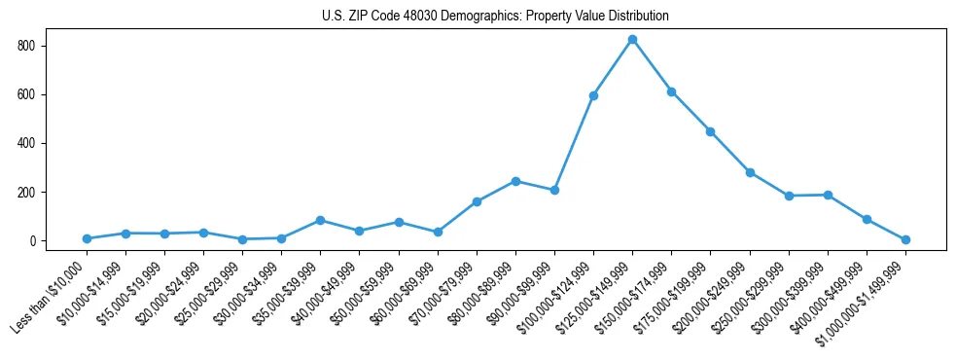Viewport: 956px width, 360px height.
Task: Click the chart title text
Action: point(495,17)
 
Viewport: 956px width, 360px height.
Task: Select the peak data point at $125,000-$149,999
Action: point(632,40)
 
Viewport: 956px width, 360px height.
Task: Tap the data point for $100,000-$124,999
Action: point(593,95)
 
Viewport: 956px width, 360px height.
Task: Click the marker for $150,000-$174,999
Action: point(671,91)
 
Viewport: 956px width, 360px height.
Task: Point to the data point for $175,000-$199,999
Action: point(710,131)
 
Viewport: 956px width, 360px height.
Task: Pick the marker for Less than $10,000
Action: point(87,238)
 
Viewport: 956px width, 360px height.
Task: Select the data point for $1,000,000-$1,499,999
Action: point(905,239)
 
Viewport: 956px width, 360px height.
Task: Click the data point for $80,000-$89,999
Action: point(515,181)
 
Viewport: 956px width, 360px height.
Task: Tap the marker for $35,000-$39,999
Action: point(320,220)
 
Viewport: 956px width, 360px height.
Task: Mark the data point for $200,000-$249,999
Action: point(750,172)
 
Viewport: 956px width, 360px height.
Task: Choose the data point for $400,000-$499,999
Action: point(867,219)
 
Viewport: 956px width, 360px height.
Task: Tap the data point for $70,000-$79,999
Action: point(477,201)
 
